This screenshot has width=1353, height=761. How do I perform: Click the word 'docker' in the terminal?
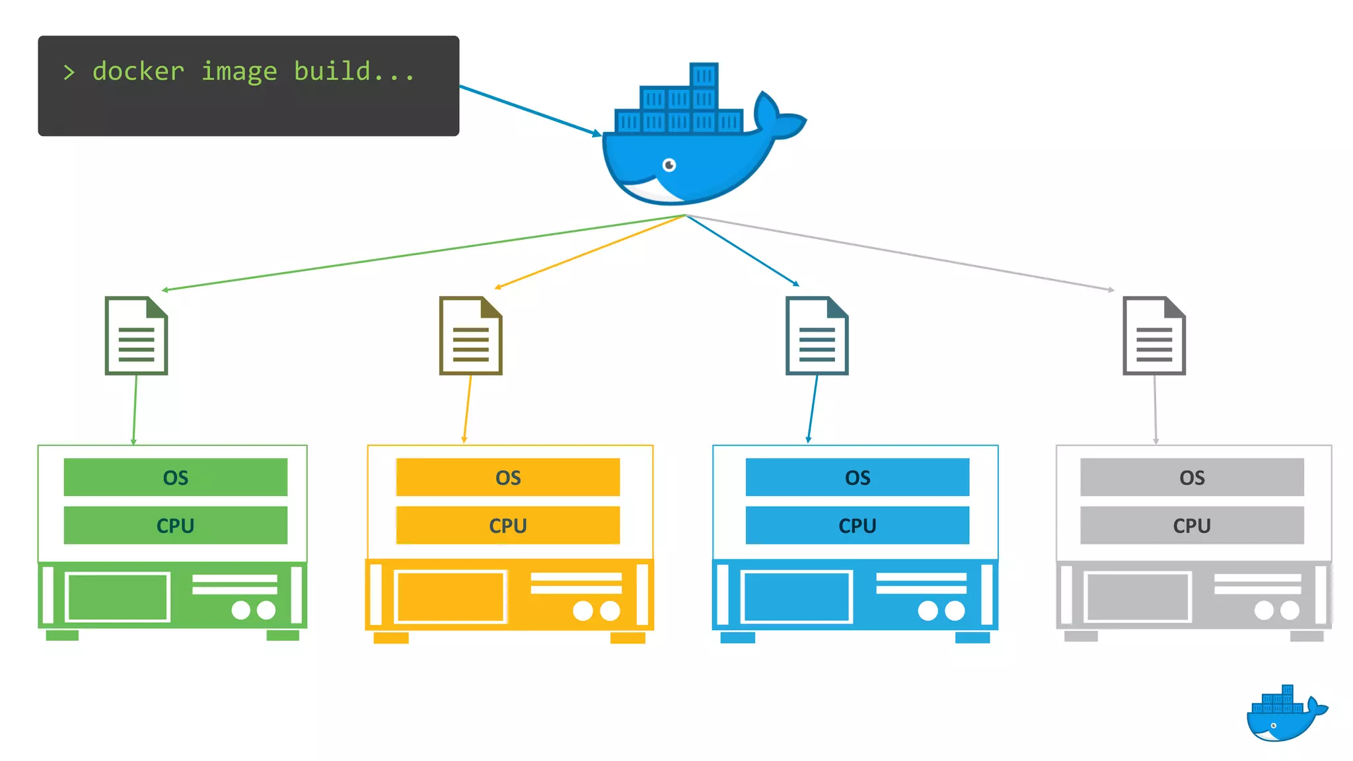[x=138, y=71]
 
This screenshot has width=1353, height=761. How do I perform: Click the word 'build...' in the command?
[x=353, y=71]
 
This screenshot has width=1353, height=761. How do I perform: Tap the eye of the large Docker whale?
[x=669, y=164]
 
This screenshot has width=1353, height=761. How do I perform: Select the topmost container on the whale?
[x=704, y=75]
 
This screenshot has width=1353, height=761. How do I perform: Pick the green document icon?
[x=136, y=336]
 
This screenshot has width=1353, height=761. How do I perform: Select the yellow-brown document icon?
[x=470, y=336]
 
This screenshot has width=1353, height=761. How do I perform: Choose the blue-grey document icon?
[x=817, y=336]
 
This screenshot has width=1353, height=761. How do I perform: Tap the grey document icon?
[x=1154, y=336]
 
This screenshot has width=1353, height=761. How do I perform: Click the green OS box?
[x=176, y=477]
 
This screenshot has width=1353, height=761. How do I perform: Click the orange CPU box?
[x=507, y=526]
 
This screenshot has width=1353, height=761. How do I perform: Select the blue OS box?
[x=857, y=477]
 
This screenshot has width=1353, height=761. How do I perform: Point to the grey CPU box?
[x=1192, y=526]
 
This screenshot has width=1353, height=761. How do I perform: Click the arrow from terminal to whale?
[x=529, y=110]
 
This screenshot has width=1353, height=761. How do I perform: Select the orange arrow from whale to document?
[x=588, y=252]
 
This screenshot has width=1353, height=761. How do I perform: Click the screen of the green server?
[x=118, y=597]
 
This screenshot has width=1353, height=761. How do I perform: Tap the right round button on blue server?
[x=955, y=610]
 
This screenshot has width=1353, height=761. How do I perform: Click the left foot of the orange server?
[x=391, y=638]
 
